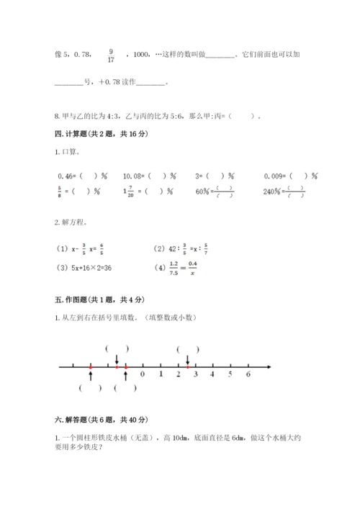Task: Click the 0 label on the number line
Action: pos(143,375)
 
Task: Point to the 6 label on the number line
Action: pos(248,375)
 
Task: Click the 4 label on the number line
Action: pos(212,375)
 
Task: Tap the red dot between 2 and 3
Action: pos(187,367)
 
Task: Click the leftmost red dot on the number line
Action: pos(91,367)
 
